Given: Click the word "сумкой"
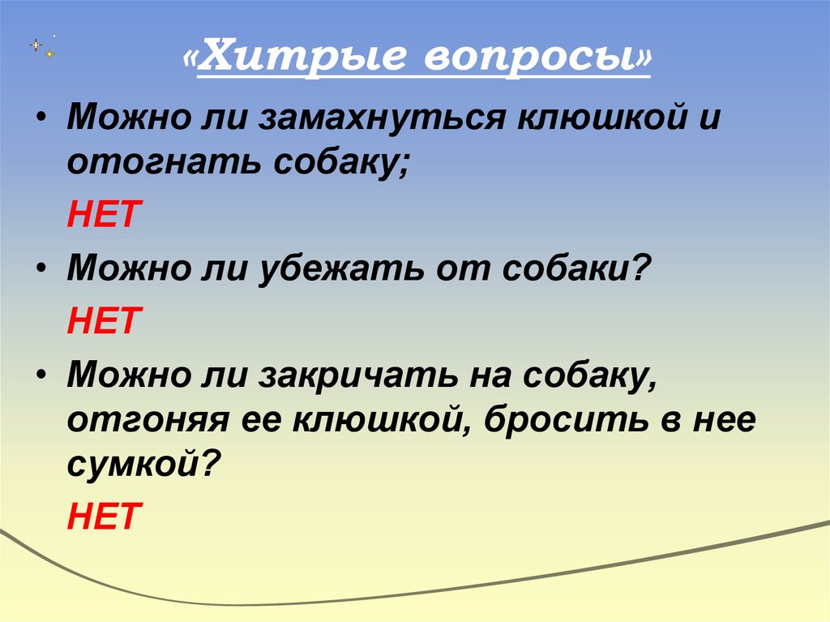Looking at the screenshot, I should tap(134, 465).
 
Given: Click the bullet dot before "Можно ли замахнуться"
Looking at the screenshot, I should tap(41, 118).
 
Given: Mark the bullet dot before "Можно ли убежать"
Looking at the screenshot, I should tap(41, 268).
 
